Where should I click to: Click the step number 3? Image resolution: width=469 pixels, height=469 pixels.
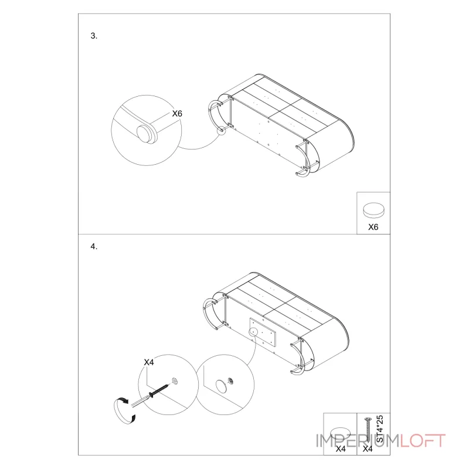click(94, 36)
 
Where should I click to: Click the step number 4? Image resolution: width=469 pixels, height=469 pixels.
click(94, 246)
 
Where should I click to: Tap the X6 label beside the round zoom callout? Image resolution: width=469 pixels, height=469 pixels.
click(177, 114)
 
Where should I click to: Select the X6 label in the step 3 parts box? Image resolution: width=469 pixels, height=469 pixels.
click(373, 227)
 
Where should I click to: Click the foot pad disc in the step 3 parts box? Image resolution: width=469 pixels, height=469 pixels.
click(373, 210)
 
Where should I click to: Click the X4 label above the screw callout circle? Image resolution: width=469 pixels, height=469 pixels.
click(149, 362)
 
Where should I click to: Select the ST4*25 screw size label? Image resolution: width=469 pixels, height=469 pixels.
click(379, 429)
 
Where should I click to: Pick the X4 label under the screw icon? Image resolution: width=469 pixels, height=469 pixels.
click(368, 448)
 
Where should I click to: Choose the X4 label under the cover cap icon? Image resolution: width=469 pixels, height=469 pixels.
click(341, 448)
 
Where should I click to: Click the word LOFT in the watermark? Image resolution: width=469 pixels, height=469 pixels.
click(422, 441)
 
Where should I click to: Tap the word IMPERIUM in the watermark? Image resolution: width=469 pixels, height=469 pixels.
click(358, 441)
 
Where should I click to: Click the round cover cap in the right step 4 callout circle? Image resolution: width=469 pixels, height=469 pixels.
click(221, 386)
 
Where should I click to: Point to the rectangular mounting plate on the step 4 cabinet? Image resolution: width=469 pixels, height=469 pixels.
click(263, 332)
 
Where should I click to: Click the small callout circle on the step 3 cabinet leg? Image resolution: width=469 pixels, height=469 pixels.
click(222, 131)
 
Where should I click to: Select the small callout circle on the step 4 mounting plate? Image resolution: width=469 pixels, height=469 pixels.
click(253, 332)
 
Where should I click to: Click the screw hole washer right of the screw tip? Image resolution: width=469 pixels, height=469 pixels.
click(175, 381)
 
